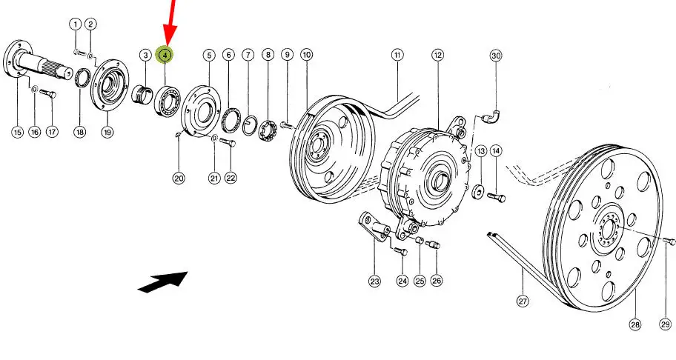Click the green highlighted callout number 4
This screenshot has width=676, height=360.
(165, 55)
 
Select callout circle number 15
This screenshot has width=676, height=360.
(17, 132)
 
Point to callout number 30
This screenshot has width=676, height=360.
(496, 56)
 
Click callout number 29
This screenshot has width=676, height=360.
(664, 324)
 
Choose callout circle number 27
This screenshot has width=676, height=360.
(523, 301)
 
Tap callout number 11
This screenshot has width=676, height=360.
(397, 55)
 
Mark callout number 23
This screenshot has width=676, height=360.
(374, 281)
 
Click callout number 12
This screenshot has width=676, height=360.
(438, 55)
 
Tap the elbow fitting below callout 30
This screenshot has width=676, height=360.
(491, 116)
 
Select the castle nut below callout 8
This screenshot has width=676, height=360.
(268, 133)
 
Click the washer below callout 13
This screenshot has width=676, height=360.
(478, 194)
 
